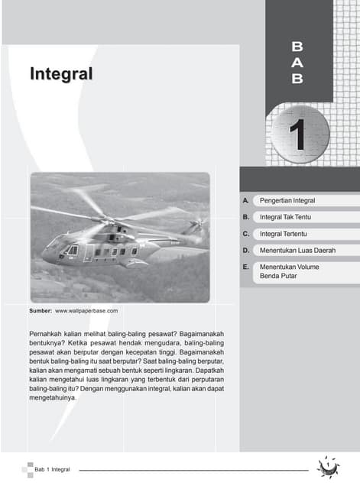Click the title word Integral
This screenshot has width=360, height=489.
tap(61, 74)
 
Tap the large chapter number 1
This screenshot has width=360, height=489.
tap(299, 133)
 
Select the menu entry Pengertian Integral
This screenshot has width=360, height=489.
tap(287, 200)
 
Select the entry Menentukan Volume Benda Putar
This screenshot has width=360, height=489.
tap(288, 271)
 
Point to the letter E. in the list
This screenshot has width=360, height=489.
tap(245, 267)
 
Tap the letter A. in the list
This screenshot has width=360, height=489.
tap(245, 200)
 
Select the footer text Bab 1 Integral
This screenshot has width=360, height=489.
tap(53, 468)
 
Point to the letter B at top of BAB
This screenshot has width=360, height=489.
tap(297, 47)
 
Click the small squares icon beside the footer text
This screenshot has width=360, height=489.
tap(29, 468)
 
